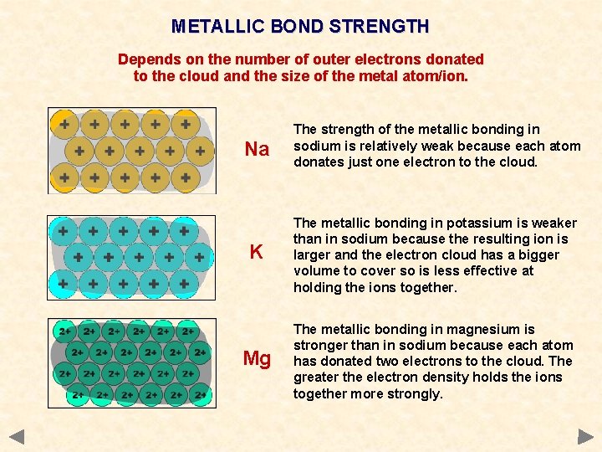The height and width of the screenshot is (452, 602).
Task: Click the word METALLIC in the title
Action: (x=217, y=26)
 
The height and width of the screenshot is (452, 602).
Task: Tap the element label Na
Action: (x=257, y=150)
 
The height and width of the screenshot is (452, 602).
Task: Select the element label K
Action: (x=257, y=252)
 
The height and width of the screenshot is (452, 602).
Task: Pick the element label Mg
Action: (x=257, y=359)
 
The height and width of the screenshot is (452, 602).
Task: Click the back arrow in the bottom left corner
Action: (x=18, y=436)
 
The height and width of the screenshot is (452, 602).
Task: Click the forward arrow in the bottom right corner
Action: (x=584, y=436)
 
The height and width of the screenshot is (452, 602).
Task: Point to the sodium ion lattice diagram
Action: (x=132, y=151)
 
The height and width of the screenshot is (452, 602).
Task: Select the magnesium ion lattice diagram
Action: (x=132, y=363)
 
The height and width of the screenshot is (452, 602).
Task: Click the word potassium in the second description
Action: (x=477, y=223)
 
